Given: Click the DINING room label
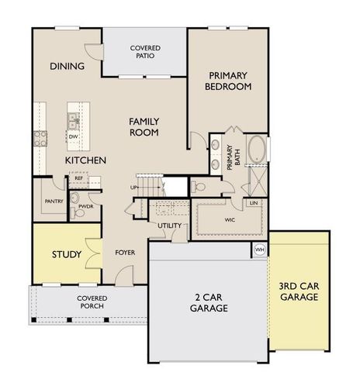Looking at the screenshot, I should coord(67,66).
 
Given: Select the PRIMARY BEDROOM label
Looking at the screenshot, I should coord(229,81).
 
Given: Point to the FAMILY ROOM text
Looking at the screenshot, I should coord(144,126).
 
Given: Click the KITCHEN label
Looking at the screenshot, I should coord(85,160).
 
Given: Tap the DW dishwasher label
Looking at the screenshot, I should coord(72,136).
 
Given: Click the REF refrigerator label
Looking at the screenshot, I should coord(79,178).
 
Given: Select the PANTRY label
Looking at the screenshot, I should coord(54,201).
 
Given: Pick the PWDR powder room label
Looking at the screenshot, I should coord(85,208).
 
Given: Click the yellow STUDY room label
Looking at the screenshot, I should coord(67,254).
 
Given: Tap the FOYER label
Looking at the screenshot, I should coord(125,253).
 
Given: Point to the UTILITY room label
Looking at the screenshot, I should coord(169,226).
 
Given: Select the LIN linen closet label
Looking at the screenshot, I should coord(254,203).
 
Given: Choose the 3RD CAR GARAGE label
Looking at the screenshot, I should coord(298,291).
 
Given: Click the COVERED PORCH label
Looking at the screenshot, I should coord(92,302).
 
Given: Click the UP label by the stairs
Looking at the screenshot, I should coord(133,188).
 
